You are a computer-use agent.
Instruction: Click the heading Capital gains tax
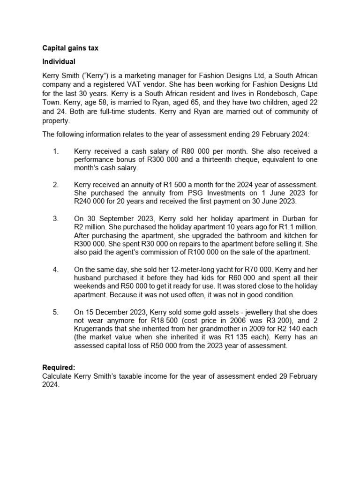[70, 48]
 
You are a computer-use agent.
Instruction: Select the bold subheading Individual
[59, 61]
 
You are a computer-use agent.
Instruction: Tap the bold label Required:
[59, 367]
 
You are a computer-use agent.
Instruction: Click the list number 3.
[56, 218]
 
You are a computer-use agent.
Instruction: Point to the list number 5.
[56, 312]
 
